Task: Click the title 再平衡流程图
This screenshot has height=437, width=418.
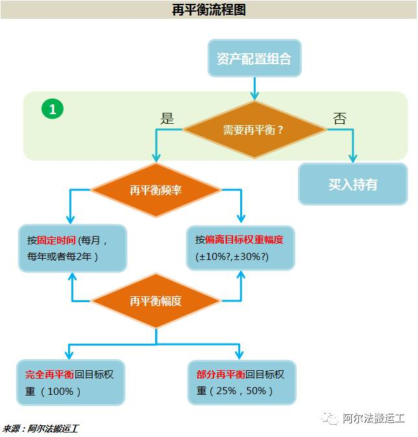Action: click(209, 9)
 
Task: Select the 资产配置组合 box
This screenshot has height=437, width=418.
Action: click(254, 59)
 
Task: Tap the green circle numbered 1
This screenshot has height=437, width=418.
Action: click(53, 109)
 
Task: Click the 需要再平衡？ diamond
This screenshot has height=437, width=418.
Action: click(254, 129)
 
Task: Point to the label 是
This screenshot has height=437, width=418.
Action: click(167, 118)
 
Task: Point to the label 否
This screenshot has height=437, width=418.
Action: click(339, 118)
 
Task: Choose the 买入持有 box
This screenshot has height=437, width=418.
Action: click(352, 184)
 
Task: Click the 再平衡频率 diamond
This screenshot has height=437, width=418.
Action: click(155, 190)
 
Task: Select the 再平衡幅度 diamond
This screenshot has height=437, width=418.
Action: click(155, 301)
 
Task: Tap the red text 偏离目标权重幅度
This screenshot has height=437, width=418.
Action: click(244, 239)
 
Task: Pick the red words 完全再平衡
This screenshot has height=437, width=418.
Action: click(50, 375)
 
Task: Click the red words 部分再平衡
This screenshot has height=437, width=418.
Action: click(220, 375)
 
